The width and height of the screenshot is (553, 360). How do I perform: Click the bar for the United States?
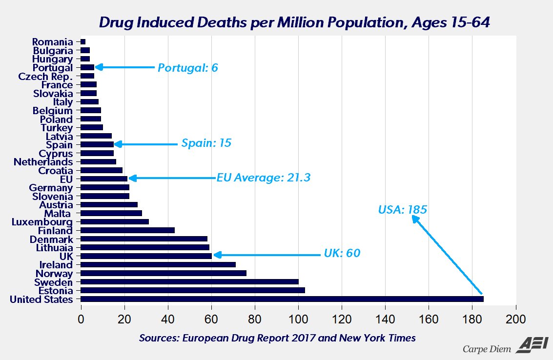pyautogui.click(x=282, y=299)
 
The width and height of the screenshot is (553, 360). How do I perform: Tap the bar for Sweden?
pyautogui.click(x=189, y=282)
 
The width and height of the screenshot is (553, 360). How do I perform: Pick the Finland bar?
pyautogui.click(x=127, y=230)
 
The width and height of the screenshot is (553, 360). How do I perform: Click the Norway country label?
pyautogui.click(x=54, y=274)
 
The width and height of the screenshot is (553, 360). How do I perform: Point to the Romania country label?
pyautogui.click(x=52, y=42)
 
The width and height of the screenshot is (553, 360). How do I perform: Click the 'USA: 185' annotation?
pyautogui.click(x=403, y=210)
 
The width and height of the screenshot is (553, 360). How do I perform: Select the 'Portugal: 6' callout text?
pyautogui.click(x=187, y=68)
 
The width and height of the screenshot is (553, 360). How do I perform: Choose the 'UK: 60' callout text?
pyautogui.click(x=342, y=254)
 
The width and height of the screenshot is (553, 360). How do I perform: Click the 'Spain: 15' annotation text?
pyautogui.click(x=206, y=144)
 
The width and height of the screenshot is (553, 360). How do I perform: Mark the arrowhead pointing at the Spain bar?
pyautogui.click(x=118, y=144)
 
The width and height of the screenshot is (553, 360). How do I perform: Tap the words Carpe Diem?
pyautogui.click(x=487, y=348)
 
